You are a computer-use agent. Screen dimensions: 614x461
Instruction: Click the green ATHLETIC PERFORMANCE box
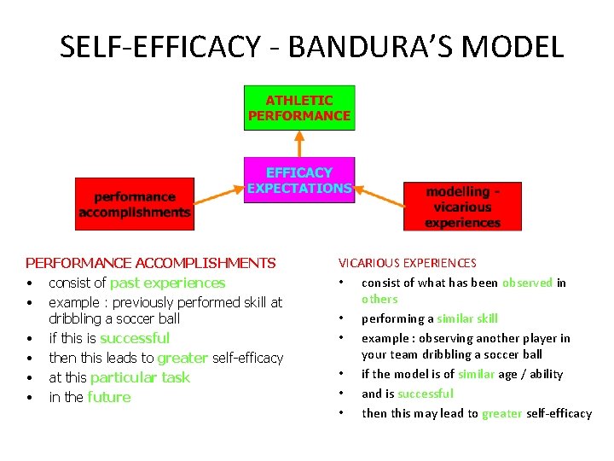tap(299, 108)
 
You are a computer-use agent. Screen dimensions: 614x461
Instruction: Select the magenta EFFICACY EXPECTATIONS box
tap(299, 180)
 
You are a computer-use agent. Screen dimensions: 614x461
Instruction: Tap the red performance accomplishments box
tap(135, 204)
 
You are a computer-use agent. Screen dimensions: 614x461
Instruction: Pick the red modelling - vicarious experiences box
tap(462, 206)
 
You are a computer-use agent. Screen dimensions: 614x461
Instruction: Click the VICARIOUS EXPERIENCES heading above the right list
tap(408, 263)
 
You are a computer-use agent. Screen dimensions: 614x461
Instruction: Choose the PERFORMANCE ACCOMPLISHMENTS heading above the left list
tap(151, 263)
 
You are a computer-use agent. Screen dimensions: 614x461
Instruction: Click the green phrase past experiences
tap(168, 283)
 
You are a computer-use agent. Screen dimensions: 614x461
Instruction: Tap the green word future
tap(109, 397)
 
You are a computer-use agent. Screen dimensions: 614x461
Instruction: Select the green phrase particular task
tap(140, 377)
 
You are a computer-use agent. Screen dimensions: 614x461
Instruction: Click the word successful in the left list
tap(135, 338)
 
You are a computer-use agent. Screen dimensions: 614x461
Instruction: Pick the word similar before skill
tap(455, 318)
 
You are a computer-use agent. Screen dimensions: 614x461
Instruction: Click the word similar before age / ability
tap(477, 374)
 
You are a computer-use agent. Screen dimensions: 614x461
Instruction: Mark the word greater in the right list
tap(501, 413)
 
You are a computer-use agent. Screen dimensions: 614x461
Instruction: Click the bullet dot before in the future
tap(30, 398)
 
